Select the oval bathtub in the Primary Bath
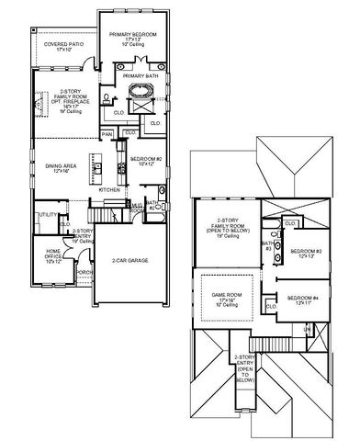tap(143, 93)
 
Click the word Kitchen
tap(110, 189)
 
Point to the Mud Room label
tap(136, 209)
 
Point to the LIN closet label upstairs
tap(308, 329)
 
